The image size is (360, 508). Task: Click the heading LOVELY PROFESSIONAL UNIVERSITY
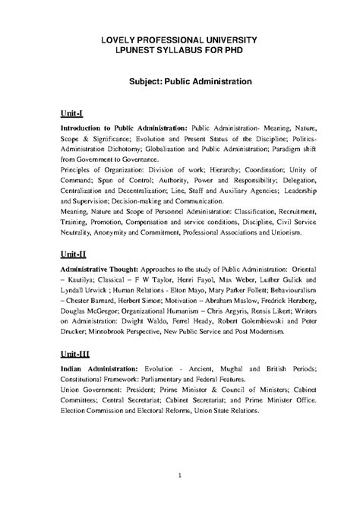tap(180, 39)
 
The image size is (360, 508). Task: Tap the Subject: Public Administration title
tap(180, 79)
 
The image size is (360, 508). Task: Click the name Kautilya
tap(84, 281)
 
